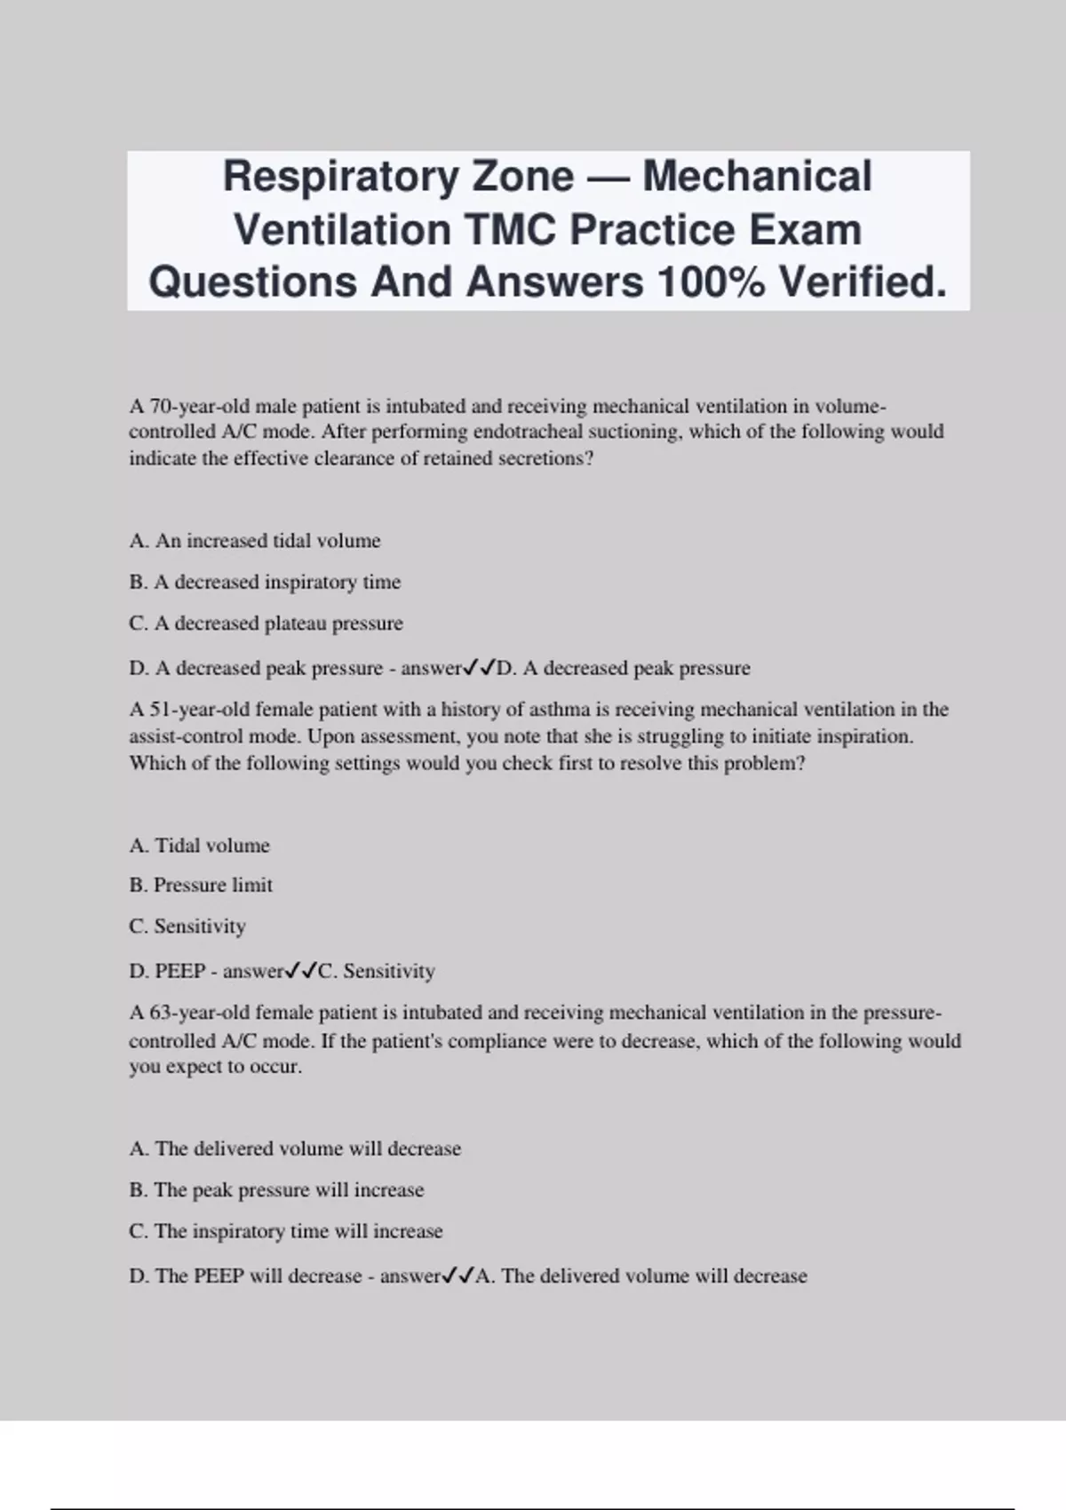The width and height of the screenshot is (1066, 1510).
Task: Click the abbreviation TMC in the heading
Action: point(512,229)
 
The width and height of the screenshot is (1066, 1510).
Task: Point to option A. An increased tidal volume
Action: point(255,540)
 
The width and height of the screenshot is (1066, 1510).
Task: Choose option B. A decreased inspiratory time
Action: point(265,582)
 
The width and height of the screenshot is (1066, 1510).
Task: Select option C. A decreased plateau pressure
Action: point(266,624)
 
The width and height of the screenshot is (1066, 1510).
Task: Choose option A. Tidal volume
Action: point(199,845)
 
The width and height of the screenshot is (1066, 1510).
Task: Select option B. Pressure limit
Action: point(201,885)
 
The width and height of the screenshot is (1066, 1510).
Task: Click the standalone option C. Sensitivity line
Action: point(187,926)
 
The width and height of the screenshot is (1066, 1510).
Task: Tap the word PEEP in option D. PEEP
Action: point(180,971)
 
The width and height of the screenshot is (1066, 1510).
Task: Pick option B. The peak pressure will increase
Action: point(276,1189)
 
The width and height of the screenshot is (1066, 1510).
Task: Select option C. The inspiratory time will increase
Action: point(285,1231)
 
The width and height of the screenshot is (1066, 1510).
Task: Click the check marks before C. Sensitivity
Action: point(301,971)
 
